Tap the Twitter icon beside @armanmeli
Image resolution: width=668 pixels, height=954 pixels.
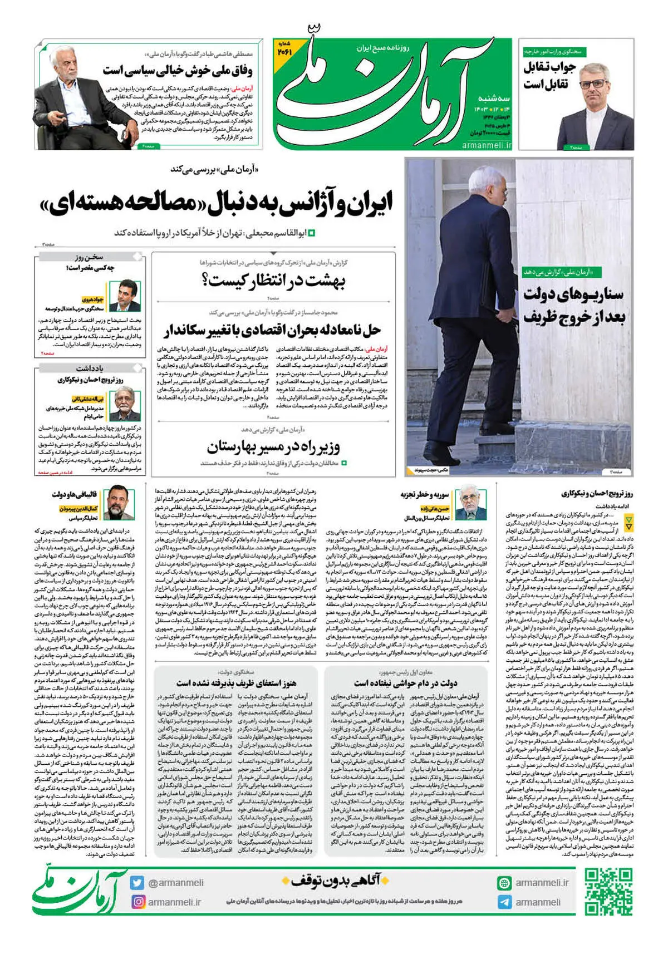[x=137, y=883]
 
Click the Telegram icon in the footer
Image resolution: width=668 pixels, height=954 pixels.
[x=504, y=902]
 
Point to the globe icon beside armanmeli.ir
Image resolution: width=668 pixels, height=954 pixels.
[x=504, y=883]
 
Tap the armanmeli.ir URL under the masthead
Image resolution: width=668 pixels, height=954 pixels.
[x=486, y=145]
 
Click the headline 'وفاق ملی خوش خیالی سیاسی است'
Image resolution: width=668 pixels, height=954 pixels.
[x=177, y=71]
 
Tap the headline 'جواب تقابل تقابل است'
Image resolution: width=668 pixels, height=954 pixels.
[x=546, y=76]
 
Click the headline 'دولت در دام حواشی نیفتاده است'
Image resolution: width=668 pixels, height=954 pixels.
[x=405, y=683]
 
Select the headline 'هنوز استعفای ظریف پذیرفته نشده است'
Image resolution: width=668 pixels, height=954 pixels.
[x=236, y=683]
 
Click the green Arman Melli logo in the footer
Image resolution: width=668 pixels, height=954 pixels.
[x=78, y=892]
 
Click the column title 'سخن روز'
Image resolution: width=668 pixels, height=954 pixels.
[x=90, y=257]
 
